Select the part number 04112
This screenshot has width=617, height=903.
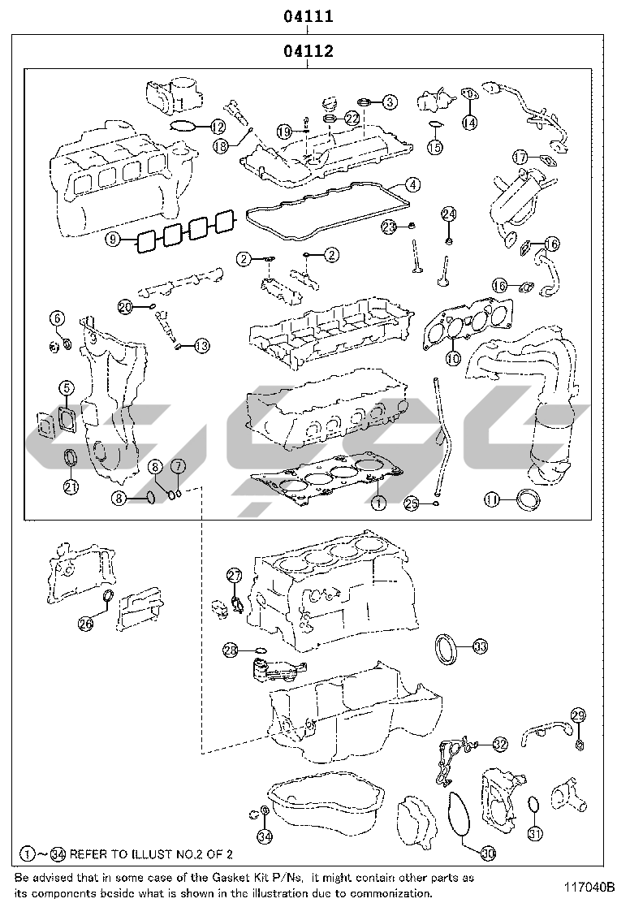coord(308,52)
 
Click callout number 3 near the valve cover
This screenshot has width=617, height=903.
coord(390,102)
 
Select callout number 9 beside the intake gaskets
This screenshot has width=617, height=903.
coord(114,239)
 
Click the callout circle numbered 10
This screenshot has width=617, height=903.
coord(454,356)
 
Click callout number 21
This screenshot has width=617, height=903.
coord(71,486)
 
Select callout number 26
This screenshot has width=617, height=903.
coord(87,623)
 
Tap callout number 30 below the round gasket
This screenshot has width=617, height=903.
coord(487,853)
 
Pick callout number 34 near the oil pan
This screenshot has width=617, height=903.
coord(264,836)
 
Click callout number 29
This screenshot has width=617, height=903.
coord(577,715)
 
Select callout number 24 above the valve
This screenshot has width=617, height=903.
coord(450,214)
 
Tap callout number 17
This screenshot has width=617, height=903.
coord(520,157)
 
